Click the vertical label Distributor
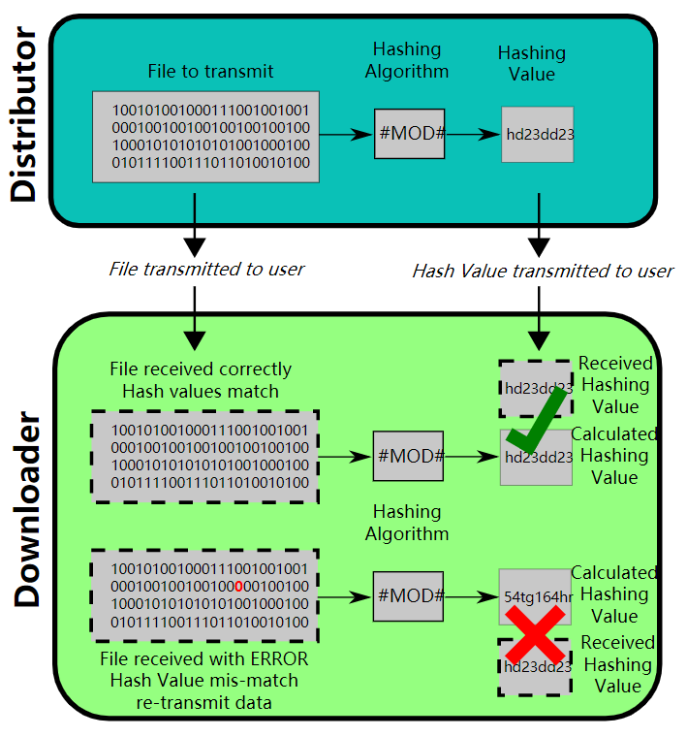[x=26, y=116]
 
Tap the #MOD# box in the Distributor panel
[x=409, y=134]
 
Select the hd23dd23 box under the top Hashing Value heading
[x=538, y=134]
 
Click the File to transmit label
[x=210, y=72]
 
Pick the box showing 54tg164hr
[x=536, y=595]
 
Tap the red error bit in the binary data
[x=238, y=586]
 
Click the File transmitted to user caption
[x=206, y=270]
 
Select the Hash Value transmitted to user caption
[x=542, y=271]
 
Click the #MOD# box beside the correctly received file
[x=409, y=456]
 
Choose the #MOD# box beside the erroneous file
[x=409, y=594]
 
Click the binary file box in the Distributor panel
[x=206, y=136]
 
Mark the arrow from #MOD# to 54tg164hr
[x=471, y=594]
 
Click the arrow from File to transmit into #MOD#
[x=346, y=134]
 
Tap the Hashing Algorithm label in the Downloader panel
[x=407, y=523]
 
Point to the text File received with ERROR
[x=204, y=659]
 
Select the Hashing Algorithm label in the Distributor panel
[x=407, y=60]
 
